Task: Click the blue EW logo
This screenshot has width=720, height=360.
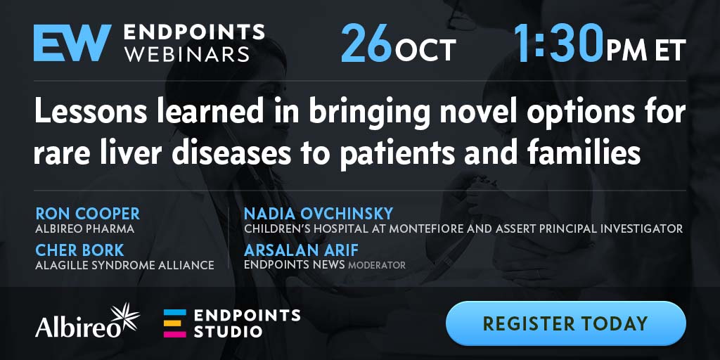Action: tap(72, 43)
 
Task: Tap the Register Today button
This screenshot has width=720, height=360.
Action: tap(565, 323)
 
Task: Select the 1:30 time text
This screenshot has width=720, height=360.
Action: tap(558, 43)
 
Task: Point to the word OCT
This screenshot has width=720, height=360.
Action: tap(425, 50)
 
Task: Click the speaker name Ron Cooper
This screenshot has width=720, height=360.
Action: tap(88, 214)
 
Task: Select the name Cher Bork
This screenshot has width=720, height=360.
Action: tap(79, 250)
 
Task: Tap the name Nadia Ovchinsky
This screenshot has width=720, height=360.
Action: tap(319, 214)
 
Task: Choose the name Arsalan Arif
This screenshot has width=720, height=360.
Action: tap(301, 250)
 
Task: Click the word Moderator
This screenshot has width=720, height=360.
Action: tap(377, 265)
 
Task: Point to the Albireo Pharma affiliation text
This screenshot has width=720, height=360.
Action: tap(85, 229)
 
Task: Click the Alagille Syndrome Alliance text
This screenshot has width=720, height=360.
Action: tap(124, 265)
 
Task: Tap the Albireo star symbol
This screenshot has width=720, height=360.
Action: tap(125, 317)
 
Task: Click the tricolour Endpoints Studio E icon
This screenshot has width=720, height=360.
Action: tap(175, 323)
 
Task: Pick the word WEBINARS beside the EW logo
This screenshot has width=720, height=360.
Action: tap(187, 54)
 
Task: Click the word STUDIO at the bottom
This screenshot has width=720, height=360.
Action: tap(229, 331)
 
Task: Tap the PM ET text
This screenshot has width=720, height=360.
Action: tap(646, 50)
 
